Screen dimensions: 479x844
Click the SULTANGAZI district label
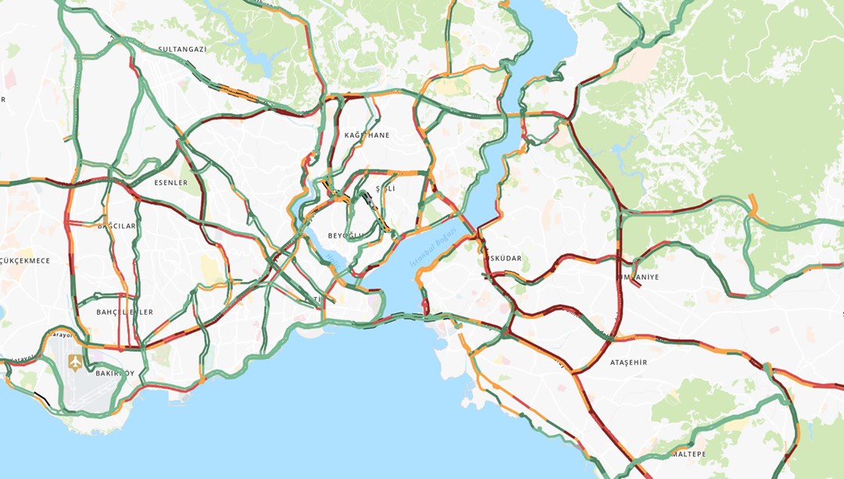tap(182, 48)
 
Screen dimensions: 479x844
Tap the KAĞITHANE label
tap(367, 135)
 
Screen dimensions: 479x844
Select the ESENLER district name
tap(170, 183)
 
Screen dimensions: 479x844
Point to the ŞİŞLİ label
tap(385, 189)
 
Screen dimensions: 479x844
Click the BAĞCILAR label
tap(116, 226)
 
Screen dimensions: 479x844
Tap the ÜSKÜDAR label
tap(504, 258)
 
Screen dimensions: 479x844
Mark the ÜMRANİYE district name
tap(638, 277)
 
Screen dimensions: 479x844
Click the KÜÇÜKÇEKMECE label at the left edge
tap(25, 260)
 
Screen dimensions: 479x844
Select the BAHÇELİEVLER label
tap(124, 312)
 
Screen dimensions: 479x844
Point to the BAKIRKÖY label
tap(115, 373)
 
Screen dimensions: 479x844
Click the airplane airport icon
tap(75, 362)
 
